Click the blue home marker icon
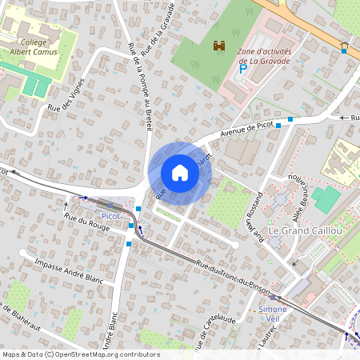click(180, 173)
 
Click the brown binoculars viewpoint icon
click(218, 47)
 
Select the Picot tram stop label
click(110, 216)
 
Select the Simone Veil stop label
click(273, 314)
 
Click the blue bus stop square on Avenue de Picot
click(290, 119)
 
